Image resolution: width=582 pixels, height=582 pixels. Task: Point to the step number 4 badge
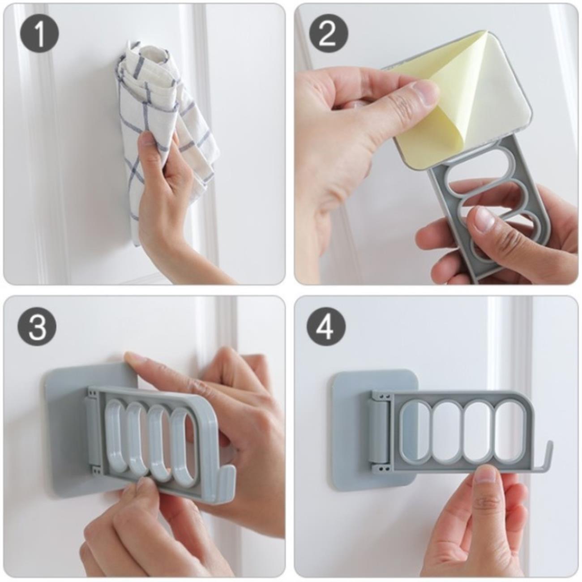coord(327,328)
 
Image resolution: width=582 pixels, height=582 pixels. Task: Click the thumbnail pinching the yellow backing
coord(425,91)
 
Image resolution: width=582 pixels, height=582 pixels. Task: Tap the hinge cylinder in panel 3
coord(91,424)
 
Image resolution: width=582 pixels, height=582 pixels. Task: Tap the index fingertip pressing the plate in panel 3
coord(133,359)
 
